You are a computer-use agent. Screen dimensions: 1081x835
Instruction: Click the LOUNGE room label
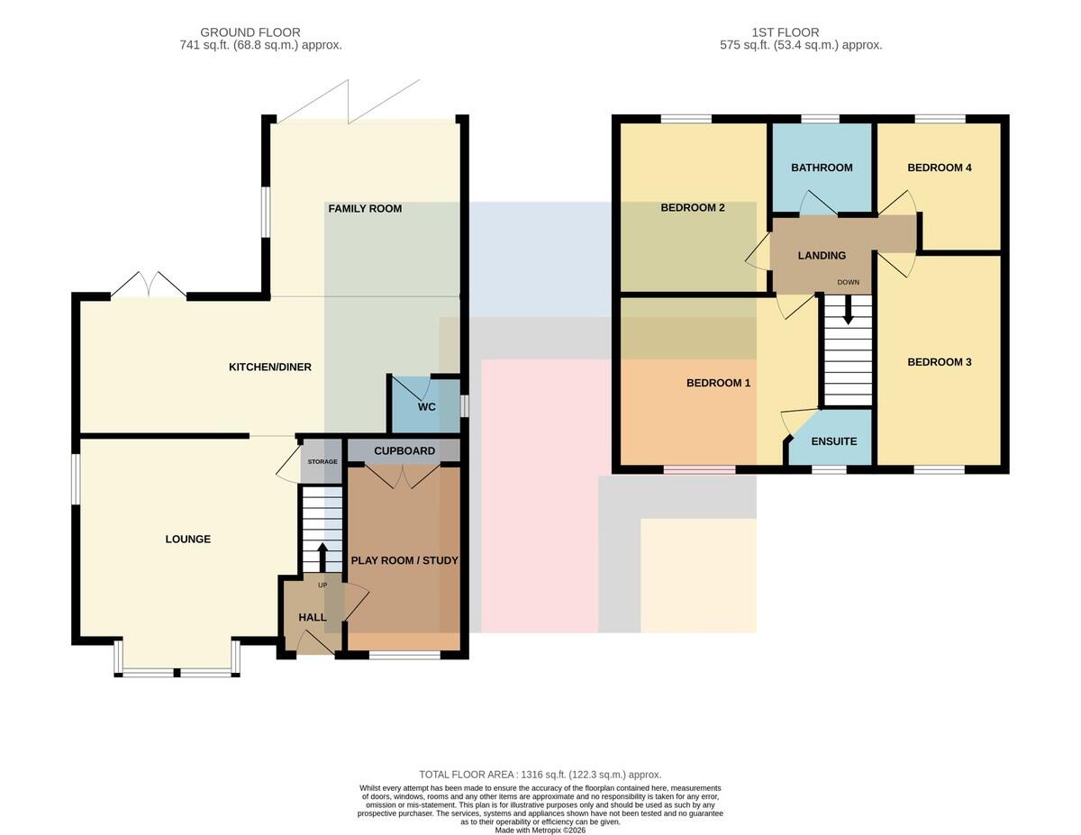click(187, 539)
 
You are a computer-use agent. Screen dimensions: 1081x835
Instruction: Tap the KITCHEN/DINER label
click(269, 367)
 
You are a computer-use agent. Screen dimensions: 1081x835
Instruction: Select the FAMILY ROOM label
click(365, 209)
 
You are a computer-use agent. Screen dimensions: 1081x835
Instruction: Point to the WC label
click(426, 407)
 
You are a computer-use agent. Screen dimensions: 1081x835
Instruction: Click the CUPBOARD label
click(404, 451)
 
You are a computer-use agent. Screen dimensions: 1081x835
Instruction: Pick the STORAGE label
click(322, 462)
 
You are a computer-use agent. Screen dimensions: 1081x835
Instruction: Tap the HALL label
click(313, 618)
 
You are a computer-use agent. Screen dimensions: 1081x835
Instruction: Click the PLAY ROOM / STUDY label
click(404, 560)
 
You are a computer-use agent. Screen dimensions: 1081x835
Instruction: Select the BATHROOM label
click(822, 168)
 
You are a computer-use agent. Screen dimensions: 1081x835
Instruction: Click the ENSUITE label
click(834, 441)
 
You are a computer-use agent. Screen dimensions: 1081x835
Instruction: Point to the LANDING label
click(822, 256)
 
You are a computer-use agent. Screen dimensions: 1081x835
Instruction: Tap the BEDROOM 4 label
click(940, 168)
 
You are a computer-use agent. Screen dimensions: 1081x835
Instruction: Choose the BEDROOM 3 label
click(940, 362)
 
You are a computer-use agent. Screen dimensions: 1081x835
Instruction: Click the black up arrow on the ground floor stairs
click(322, 557)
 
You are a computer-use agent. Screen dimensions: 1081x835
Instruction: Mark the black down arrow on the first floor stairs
click(848, 311)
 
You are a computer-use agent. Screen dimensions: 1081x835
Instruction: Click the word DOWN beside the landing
click(849, 282)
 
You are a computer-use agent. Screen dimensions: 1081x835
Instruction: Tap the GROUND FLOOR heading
click(250, 32)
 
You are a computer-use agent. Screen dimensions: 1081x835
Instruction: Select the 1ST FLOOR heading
click(785, 32)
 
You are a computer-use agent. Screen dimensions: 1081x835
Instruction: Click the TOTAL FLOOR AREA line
click(540, 775)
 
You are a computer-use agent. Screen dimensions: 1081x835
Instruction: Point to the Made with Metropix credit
click(540, 830)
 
